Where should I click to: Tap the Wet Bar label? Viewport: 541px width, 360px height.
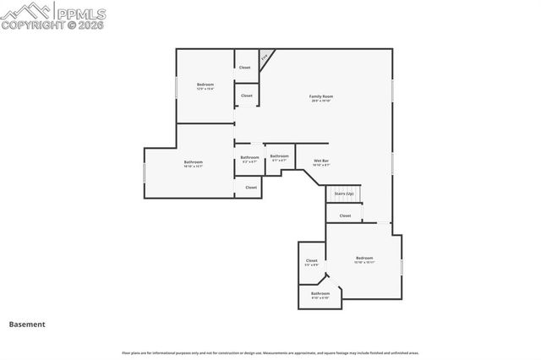pyautogui.click(x=321, y=161)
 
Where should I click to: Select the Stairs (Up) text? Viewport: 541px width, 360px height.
pyautogui.click(x=344, y=194)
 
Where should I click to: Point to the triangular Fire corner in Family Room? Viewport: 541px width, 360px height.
pyautogui.click(x=266, y=57)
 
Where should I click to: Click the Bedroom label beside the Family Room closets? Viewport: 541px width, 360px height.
pyautogui.click(x=205, y=85)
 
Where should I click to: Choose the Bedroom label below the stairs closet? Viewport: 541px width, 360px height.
pyautogui.click(x=364, y=258)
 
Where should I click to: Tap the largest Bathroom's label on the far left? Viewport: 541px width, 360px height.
pyautogui.click(x=194, y=162)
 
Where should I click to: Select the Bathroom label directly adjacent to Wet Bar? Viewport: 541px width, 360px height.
pyautogui.click(x=280, y=156)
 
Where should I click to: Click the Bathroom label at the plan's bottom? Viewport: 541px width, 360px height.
pyautogui.click(x=320, y=294)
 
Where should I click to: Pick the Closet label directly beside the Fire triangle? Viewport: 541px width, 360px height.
pyautogui.click(x=245, y=68)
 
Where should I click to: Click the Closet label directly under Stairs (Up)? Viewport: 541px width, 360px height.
pyautogui.click(x=345, y=215)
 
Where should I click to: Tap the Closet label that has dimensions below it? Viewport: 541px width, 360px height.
pyautogui.click(x=312, y=261)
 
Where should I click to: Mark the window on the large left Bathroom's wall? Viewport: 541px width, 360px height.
pyautogui.click(x=145, y=173)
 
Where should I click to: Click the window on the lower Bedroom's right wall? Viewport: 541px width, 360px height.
pyautogui.click(x=402, y=266)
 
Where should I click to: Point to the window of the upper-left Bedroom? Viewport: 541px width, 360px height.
pyautogui.click(x=177, y=87)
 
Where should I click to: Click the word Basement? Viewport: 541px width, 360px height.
pyautogui.click(x=27, y=324)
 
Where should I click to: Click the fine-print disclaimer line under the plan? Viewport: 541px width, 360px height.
pyautogui.click(x=270, y=352)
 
